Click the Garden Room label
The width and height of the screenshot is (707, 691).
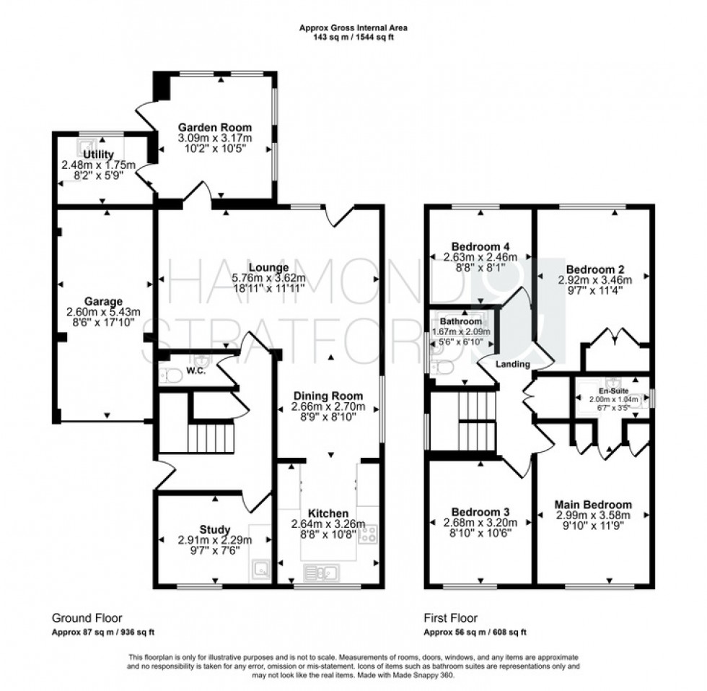216,128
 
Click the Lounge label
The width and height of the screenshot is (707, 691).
266,268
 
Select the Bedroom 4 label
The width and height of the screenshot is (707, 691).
480,244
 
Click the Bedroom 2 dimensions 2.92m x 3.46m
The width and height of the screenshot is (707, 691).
594,280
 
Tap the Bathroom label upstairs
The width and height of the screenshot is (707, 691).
462,321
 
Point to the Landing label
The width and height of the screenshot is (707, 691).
513,364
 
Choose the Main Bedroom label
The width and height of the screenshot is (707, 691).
593,504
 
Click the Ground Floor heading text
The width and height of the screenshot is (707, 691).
86,618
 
